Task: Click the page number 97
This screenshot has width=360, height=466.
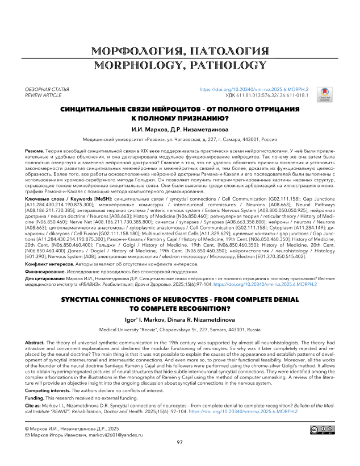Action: click(179, 457)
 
